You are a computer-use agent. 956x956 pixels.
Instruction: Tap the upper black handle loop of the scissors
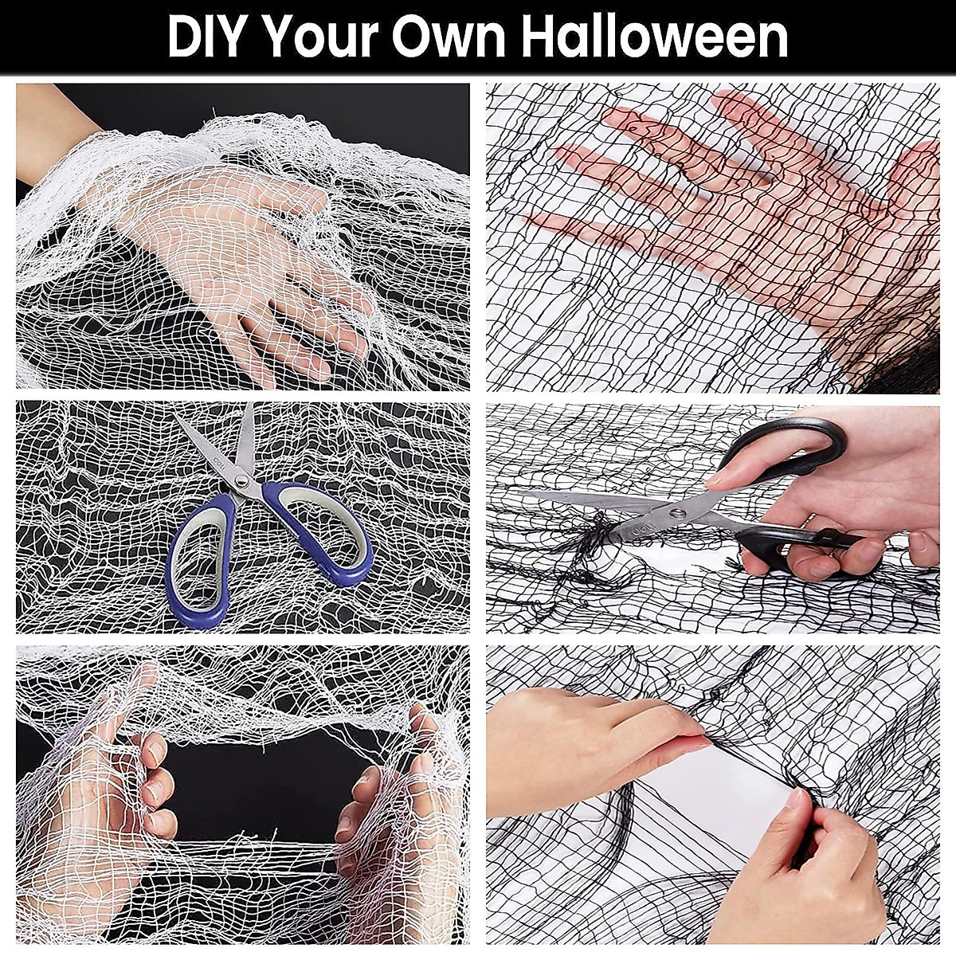pyautogui.click(x=785, y=450)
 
